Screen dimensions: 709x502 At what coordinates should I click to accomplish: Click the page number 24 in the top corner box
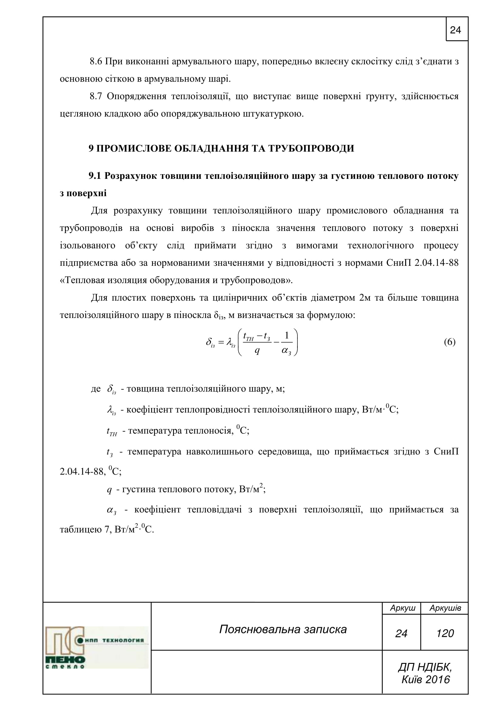coord(455,30)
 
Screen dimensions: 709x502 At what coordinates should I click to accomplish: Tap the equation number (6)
coord(449,342)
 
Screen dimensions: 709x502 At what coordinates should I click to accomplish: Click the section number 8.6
coord(96,62)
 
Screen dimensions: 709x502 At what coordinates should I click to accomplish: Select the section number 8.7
coord(96,97)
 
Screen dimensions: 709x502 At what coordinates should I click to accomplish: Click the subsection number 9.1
coord(95,176)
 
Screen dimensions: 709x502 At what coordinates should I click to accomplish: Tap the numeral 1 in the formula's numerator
coord(287,335)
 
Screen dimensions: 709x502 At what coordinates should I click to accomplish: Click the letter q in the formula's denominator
coord(257,351)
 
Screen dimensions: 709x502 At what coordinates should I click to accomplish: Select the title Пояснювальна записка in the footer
coord(283,629)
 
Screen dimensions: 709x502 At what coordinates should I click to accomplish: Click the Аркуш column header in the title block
coord(402,608)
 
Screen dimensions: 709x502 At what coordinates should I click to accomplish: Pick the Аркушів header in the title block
coord(445,608)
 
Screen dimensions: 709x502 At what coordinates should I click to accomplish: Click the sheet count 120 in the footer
coord(445,633)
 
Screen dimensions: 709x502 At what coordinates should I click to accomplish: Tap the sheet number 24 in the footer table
coord(401,633)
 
